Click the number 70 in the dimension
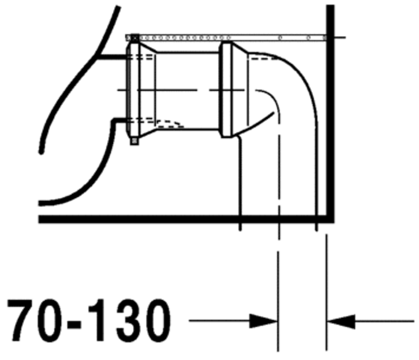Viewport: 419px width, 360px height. pyautogui.click(x=35, y=320)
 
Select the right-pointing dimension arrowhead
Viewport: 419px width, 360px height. pyautogui.click(x=263, y=321)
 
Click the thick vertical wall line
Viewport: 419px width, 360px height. pyautogui.click(x=330, y=113)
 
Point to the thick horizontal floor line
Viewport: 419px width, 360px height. pyautogui.click(x=186, y=219)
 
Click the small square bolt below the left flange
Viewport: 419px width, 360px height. pyautogui.click(x=134, y=141)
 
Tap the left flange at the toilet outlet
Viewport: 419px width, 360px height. pyautogui.click(x=133, y=89)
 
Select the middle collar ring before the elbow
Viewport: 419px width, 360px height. pyautogui.click(x=226, y=90)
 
